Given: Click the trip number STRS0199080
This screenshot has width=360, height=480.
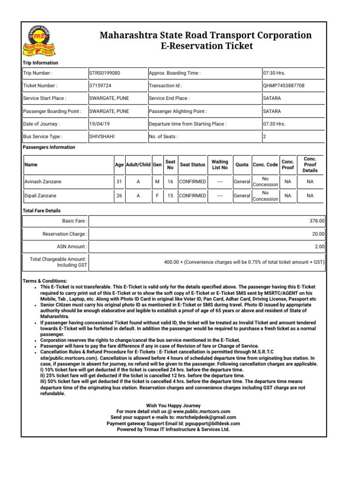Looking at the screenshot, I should pos(105,73).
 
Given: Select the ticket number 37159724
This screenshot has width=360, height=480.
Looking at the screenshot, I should pos(100,86).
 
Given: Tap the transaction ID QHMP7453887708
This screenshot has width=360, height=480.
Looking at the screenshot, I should pos(284,86).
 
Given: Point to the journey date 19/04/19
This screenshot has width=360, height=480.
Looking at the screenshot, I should pos(99,124).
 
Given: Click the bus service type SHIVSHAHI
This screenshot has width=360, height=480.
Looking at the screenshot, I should pos(102,137).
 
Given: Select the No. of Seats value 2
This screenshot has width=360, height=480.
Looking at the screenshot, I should pos(265,137).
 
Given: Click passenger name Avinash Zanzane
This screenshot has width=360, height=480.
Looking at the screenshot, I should pos(42,181).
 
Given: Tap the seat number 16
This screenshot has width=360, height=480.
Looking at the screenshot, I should pos(170,181).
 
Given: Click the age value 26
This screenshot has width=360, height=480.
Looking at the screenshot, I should pos(119,196).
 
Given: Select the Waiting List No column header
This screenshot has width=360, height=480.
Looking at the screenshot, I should pos(220,165).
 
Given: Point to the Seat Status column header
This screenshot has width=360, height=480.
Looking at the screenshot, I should pos(193,165).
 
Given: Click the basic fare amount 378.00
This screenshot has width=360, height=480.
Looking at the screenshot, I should pos(318,220).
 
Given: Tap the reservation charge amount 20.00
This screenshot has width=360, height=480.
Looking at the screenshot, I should pos(319,233).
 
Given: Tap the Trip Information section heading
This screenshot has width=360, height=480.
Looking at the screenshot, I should pos(41,63).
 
